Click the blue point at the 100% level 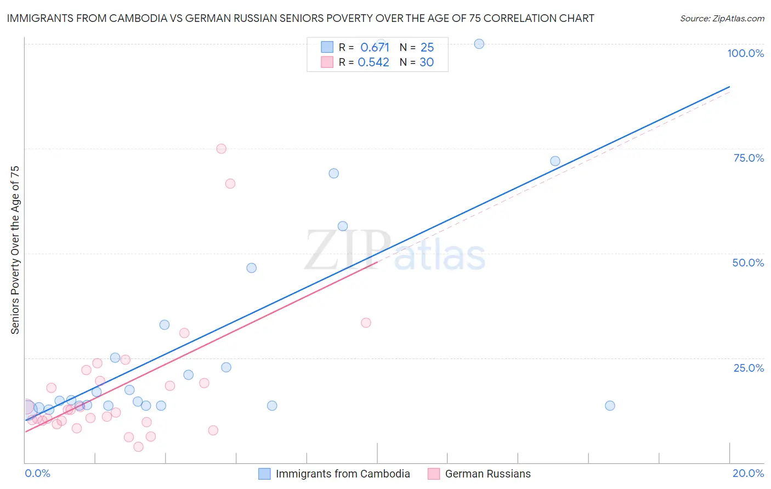coord(479,44)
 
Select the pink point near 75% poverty coord(221,149)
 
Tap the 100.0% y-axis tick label coord(745,53)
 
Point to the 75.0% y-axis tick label coord(749,158)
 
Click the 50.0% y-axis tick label coord(748,263)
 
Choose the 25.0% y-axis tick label coord(749,367)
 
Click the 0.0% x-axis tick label coord(37,473)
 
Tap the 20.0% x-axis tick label coord(748,473)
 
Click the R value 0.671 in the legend coord(375,48)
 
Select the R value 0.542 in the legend coord(373,62)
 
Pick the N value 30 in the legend coord(427,62)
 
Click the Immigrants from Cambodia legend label coord(343,474)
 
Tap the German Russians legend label coord(487,474)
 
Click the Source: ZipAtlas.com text coord(722,19)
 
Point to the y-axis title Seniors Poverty coord(15,249)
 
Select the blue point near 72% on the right coord(555,161)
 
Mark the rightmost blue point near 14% coord(610,406)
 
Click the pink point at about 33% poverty coord(366,323)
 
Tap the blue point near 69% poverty coord(333,173)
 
